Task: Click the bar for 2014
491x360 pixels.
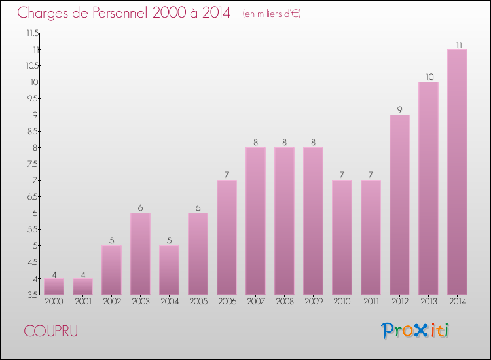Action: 457,171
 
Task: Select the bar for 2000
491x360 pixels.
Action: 54,286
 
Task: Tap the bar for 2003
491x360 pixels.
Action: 140,253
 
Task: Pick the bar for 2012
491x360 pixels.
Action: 399,204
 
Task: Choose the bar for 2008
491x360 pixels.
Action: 284,221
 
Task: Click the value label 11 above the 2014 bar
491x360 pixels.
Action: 458,45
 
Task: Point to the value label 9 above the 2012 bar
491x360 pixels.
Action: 399,110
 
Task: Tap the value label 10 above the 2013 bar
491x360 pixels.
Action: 428,77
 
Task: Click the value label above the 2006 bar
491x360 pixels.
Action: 227,175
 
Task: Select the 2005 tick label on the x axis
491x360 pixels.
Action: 198,301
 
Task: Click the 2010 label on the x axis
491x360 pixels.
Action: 342,301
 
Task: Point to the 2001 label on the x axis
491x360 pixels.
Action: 82,301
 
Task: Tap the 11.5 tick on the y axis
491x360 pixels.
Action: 32,33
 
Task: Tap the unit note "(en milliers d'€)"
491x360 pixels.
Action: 271,14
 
